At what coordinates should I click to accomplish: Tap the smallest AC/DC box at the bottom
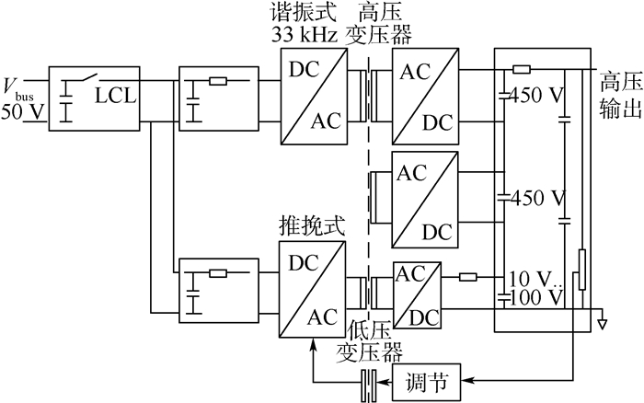point(417,294)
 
